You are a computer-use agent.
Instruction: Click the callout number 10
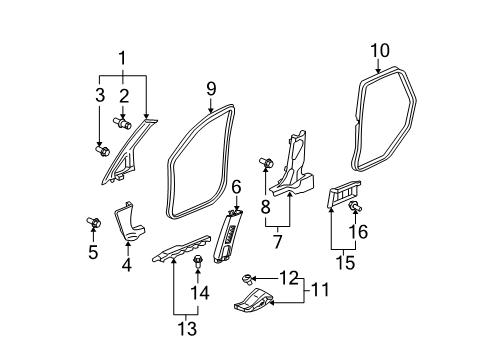pos(380,51)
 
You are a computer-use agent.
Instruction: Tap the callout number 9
pos(211,89)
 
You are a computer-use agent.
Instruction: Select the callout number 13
pos(187,329)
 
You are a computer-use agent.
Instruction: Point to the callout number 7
pos(277,242)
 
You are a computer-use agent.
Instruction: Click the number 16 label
pos(358,231)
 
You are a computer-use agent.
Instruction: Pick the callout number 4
pos(127,265)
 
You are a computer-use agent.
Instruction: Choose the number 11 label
pos(320,290)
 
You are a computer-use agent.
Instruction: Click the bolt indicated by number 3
pos(103,150)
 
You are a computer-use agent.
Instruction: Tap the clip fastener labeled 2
pos(122,123)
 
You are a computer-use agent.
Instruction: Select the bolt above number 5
pos(94,222)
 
